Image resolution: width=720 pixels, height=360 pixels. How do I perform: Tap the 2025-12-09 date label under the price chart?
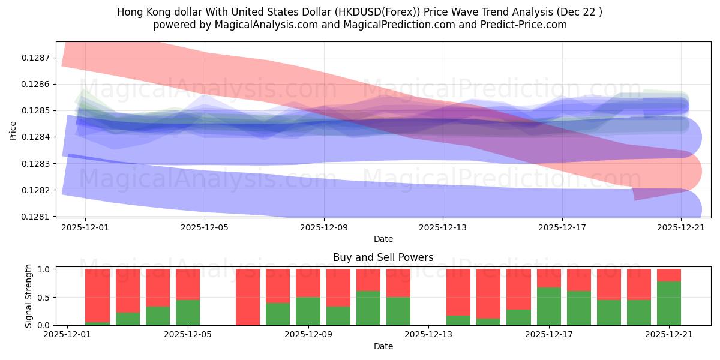tap(324, 227)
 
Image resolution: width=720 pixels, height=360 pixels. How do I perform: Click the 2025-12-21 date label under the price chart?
tap(681, 227)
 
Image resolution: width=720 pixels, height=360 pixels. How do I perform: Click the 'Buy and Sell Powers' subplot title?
tap(383, 257)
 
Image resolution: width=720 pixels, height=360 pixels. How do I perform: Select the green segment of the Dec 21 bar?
tap(669, 303)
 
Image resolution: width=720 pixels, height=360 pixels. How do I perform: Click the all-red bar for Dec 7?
tap(248, 297)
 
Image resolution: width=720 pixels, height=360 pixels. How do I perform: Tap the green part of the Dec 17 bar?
tap(549, 306)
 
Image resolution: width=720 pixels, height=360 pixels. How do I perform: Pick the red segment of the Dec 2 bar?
tap(98, 294)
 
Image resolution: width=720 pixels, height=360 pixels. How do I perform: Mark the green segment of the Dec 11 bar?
tap(368, 308)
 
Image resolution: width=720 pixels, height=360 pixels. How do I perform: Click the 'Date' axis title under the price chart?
tap(383, 239)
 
